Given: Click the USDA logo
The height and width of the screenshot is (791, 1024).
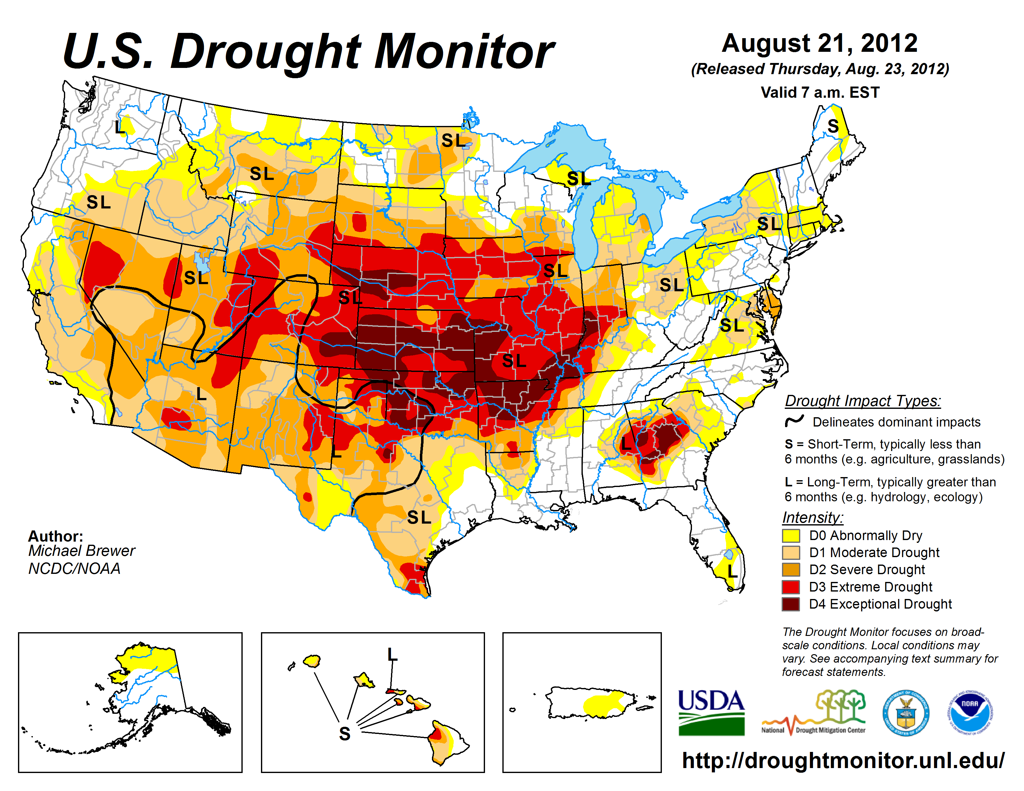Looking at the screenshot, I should click(x=711, y=712).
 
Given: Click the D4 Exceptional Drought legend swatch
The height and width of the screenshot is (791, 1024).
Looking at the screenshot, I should click(x=791, y=604).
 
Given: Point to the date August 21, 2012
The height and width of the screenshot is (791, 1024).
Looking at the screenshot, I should click(x=819, y=43).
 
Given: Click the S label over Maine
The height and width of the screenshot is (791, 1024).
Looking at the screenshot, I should click(x=833, y=126).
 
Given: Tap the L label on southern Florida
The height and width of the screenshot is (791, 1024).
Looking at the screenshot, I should click(x=732, y=571).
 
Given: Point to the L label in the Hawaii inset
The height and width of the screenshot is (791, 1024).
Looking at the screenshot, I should click(x=392, y=654).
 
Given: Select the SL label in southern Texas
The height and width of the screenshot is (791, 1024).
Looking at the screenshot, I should click(x=419, y=518).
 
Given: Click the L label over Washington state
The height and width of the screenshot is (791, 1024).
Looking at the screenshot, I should click(x=119, y=127).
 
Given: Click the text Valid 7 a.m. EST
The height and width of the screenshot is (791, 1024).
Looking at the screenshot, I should click(x=820, y=92).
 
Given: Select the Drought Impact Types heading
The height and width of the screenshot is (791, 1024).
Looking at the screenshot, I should click(x=862, y=401).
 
